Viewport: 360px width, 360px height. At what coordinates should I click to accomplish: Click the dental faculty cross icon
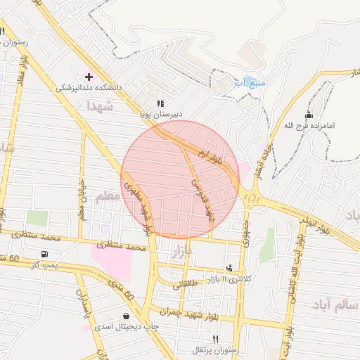[x=89, y=76]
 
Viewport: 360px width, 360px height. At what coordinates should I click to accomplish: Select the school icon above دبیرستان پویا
[x=160, y=103]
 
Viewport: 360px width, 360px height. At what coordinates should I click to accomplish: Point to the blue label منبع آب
[x=250, y=82]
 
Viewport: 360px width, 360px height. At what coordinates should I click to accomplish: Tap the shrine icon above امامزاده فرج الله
[x=309, y=115]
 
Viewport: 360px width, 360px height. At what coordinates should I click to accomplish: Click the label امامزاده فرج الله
[x=310, y=126]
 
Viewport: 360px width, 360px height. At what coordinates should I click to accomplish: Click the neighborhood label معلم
[x=108, y=195]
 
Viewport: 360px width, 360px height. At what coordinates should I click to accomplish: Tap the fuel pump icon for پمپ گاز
[x=46, y=254]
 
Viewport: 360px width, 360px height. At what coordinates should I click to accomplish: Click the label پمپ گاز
[x=44, y=265]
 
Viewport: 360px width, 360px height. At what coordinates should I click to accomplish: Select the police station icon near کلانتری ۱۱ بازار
[x=229, y=268]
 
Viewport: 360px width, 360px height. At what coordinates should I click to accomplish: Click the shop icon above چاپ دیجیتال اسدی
[x=126, y=316]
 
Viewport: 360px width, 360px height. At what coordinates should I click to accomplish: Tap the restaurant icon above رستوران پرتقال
[x=205, y=339]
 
